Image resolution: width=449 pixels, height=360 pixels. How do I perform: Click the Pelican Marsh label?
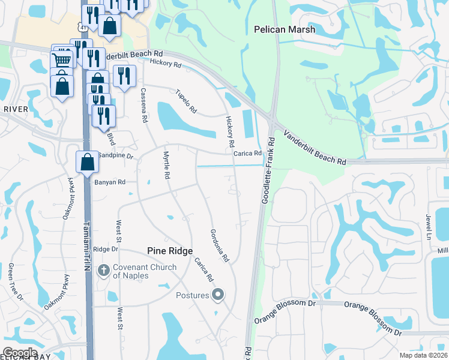[x=280, y=28]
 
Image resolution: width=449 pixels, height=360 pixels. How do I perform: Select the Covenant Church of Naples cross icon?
[x=104, y=271]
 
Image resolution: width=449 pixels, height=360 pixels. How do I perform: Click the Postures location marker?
[x=218, y=295]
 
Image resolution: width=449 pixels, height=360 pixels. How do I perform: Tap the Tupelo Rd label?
[x=185, y=102]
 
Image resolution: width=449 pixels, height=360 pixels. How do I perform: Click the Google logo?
[x=20, y=353]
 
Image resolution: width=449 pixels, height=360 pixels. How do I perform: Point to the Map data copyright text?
[x=423, y=355]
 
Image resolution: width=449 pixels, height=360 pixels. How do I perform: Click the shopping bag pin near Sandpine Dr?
[x=87, y=161]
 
